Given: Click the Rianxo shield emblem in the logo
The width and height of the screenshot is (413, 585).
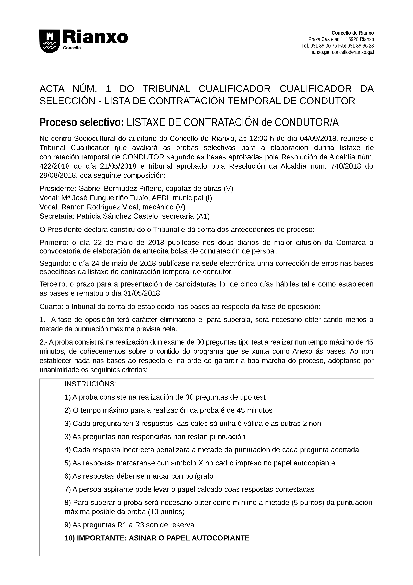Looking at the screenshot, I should (x=49, y=41).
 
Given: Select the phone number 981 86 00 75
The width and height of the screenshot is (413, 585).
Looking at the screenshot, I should (x=324, y=46).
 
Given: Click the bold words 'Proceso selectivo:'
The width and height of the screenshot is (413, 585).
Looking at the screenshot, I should (x=82, y=123).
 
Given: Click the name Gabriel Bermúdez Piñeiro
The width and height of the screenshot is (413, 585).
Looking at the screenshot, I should (x=119, y=189).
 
